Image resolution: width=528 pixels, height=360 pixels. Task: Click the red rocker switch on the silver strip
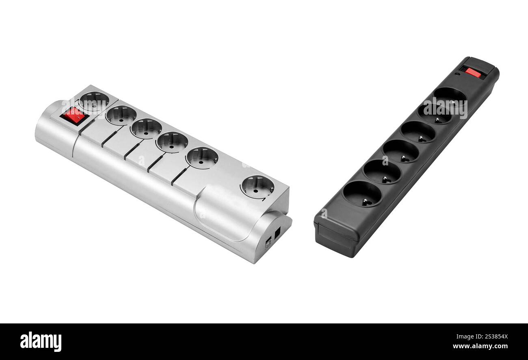point(74,115)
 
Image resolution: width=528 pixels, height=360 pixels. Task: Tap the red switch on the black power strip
point(473,73)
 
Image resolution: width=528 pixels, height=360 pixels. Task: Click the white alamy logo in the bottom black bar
point(41,342)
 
